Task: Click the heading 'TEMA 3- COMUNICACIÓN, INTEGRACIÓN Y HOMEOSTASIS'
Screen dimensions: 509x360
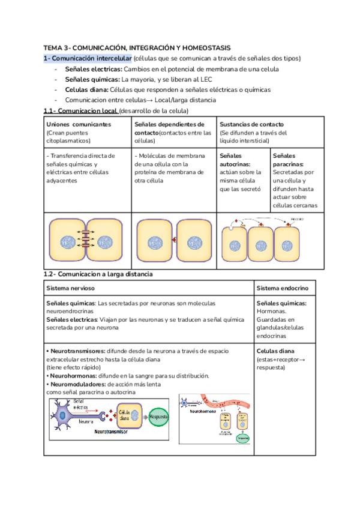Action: (137, 47)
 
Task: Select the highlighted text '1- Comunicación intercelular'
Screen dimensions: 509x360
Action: (87, 58)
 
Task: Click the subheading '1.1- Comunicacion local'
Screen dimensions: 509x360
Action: (80, 111)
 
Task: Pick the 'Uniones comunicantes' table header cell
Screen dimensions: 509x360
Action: (79, 124)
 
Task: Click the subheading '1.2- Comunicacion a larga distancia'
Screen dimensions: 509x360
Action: (98, 274)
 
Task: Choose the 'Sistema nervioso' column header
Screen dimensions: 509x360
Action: (69, 288)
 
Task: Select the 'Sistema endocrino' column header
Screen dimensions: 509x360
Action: (283, 288)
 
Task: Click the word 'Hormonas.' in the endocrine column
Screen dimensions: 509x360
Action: (271, 312)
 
